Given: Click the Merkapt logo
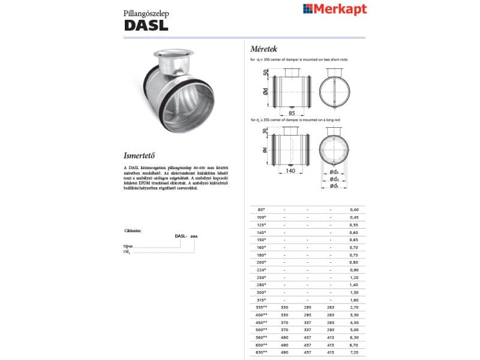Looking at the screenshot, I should click(335, 9).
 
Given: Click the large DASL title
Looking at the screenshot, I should click(146, 25).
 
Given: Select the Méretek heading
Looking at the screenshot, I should click(263, 49).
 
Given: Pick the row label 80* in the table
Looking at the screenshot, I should click(261, 209).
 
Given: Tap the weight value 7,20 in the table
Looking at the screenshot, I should click(353, 352).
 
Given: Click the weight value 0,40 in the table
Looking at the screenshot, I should click(353, 209).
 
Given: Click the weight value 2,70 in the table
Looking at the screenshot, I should click(353, 307).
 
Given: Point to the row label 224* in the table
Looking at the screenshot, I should click(261, 269).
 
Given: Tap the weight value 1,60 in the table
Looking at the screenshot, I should click(353, 299).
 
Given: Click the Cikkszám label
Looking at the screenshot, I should click(133, 230).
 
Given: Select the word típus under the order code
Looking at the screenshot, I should click(127, 246).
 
